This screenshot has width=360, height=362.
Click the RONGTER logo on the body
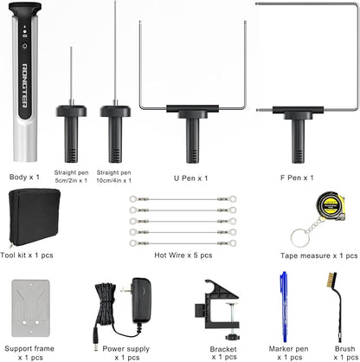25,85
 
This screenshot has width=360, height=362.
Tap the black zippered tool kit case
35,217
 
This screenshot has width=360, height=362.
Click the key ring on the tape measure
300,238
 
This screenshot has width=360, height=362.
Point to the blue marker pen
284,307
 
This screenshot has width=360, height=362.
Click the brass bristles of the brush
331,280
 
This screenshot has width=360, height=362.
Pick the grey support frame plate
30,308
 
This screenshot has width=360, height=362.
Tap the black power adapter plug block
141,300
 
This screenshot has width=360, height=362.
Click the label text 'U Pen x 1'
190,178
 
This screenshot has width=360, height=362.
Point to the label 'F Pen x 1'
297,178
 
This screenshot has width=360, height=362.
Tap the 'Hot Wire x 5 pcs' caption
183,255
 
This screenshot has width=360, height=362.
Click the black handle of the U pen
192,133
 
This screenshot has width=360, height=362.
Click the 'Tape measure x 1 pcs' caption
319,255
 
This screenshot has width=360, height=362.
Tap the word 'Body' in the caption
18,177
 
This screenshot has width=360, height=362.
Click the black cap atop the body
25,10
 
